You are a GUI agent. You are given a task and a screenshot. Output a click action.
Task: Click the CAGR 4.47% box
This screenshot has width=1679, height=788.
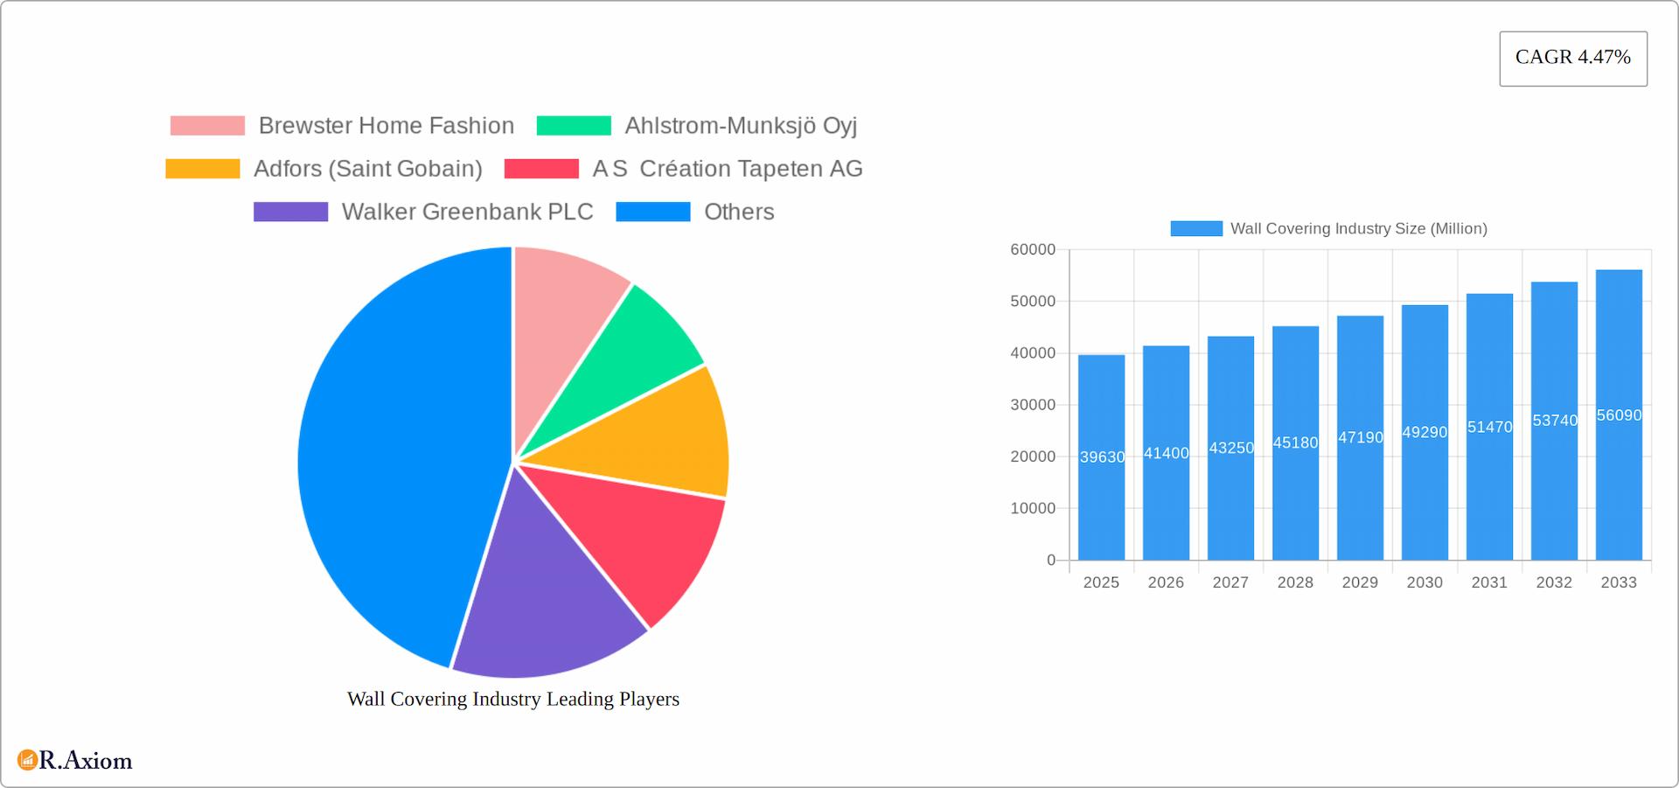[1572, 58]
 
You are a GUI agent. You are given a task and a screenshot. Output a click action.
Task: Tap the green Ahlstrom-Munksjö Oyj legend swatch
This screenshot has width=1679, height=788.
[574, 126]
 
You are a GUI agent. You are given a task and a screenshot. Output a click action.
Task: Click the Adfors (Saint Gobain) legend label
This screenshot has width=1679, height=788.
[367, 169]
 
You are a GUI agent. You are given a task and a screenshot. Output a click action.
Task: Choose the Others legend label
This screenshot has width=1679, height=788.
[739, 212]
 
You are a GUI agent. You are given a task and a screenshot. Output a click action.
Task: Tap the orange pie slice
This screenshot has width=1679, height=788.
[647, 429]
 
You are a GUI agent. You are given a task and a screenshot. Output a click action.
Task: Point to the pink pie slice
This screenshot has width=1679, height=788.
[560, 315]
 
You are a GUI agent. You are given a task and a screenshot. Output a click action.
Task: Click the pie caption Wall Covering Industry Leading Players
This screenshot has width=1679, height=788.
[513, 699]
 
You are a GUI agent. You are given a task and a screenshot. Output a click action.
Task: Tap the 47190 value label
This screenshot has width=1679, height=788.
[1361, 437]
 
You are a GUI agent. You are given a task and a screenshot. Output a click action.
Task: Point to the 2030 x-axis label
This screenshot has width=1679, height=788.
[1425, 582]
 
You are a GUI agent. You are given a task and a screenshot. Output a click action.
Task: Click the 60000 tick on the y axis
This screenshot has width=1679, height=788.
[1033, 250]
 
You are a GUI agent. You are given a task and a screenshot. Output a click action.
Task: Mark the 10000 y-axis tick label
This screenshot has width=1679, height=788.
[1033, 508]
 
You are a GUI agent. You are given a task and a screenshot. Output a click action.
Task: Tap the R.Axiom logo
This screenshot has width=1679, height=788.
[75, 760]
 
